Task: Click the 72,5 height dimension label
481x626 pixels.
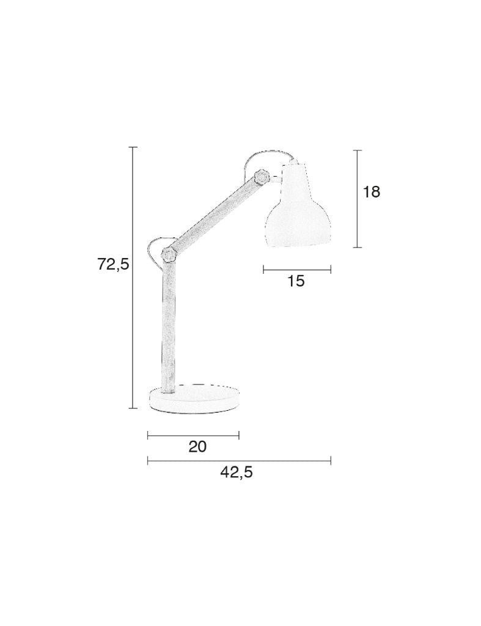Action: [x=113, y=264]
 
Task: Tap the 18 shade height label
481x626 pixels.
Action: [x=371, y=192]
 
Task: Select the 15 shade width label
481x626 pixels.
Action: [x=296, y=281]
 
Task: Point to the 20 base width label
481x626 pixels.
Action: [x=197, y=446]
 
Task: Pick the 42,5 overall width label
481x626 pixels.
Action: [x=237, y=473]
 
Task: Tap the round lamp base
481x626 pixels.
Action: [x=194, y=399]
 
